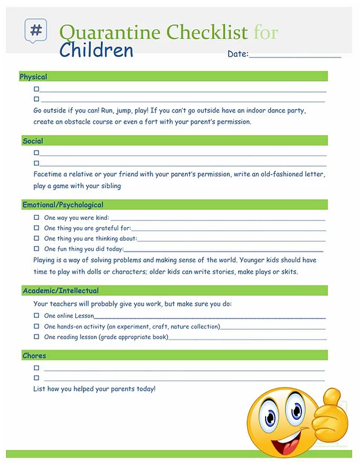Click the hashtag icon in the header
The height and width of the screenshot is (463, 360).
(36, 30)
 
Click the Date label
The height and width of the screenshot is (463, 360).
(238, 54)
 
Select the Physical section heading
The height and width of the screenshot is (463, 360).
(33, 76)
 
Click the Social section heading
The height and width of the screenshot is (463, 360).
(33, 141)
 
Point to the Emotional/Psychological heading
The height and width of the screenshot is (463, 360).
(63, 205)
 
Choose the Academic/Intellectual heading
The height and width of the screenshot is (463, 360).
(60, 291)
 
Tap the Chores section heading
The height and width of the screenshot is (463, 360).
(34, 356)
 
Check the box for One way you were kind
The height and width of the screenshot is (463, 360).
(36, 218)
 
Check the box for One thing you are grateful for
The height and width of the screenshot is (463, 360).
(36, 228)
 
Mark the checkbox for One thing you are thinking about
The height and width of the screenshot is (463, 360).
(36, 238)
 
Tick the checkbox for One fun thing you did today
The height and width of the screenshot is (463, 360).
(36, 249)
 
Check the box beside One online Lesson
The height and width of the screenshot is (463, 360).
(36, 315)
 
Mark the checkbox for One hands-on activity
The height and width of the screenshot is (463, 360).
(36, 326)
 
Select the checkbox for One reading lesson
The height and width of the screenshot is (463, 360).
(36, 337)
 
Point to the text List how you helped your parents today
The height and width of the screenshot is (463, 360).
(94, 389)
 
